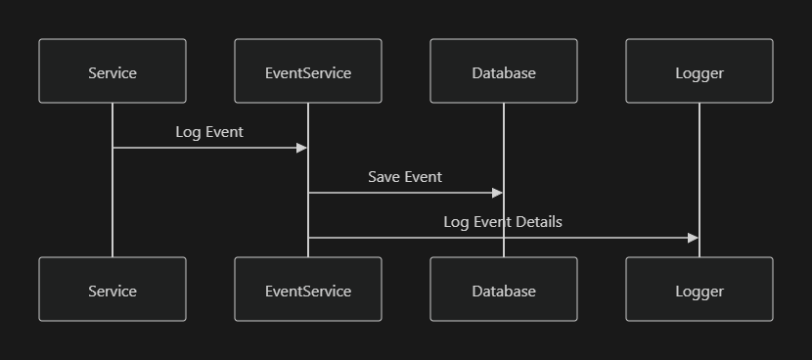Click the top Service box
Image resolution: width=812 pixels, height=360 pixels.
click(113, 71)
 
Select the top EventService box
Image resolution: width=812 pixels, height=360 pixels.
click(308, 71)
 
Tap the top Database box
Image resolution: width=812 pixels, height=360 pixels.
click(504, 71)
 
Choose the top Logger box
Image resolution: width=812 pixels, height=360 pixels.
click(699, 71)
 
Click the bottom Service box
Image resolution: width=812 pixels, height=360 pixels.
click(113, 290)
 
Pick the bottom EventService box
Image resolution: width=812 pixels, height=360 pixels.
click(308, 290)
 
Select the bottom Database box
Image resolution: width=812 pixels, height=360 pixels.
click(504, 290)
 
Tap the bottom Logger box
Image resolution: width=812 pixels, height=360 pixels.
click(699, 290)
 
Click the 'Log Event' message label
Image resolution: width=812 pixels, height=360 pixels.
click(209, 131)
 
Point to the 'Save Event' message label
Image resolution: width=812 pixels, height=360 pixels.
click(405, 177)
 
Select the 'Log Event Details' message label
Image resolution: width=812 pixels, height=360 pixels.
click(503, 222)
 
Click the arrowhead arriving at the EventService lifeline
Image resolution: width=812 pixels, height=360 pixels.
click(302, 148)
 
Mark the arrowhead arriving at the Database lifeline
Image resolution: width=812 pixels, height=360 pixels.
click(498, 193)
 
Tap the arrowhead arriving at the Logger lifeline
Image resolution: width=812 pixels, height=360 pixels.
click(694, 238)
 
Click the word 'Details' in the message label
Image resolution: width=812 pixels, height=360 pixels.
click(539, 222)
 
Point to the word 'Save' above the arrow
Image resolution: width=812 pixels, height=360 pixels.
click(384, 177)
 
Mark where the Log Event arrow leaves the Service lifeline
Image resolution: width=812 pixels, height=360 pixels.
click(113, 148)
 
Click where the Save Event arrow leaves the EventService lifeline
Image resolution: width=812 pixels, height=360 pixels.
click(309, 193)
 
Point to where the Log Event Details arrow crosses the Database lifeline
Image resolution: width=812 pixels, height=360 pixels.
click(504, 238)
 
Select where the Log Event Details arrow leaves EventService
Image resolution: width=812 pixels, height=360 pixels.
click(309, 238)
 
